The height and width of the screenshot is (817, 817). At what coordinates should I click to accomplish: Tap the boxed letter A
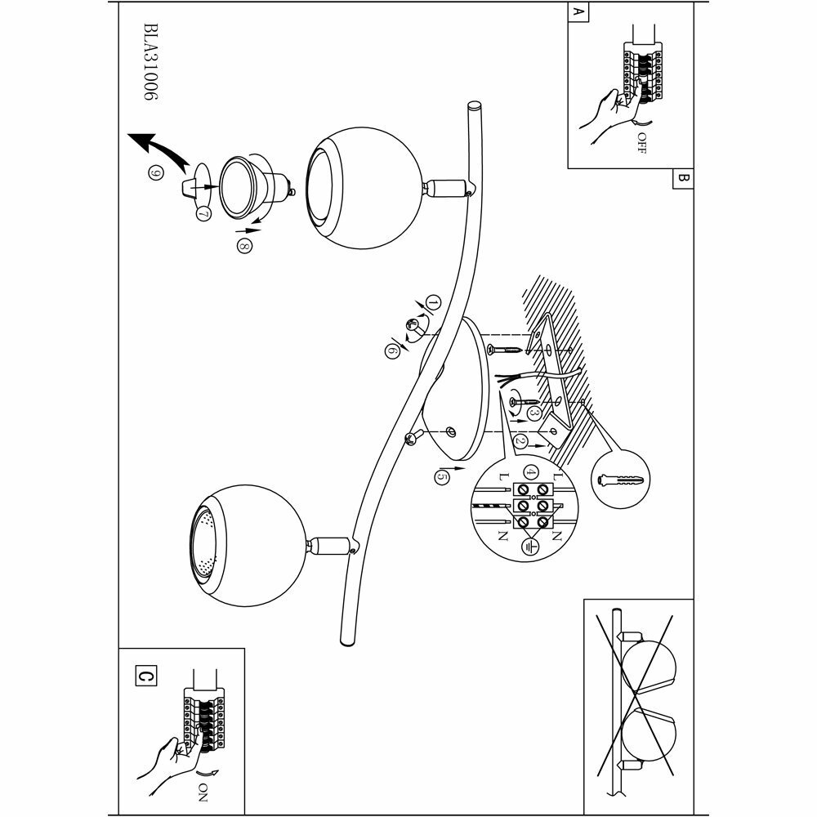pyautogui.click(x=578, y=13)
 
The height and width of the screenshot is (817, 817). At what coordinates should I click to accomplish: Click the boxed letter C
pyautogui.click(x=145, y=676)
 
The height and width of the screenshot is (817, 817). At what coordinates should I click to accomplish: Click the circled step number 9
pyautogui.click(x=151, y=172)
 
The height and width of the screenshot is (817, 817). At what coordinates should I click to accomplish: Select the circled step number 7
pyautogui.click(x=203, y=212)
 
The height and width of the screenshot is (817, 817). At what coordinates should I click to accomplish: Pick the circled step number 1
pyautogui.click(x=433, y=303)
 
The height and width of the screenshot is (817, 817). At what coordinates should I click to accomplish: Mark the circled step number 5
pyautogui.click(x=442, y=474)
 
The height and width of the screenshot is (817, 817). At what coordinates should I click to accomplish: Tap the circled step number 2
pyautogui.click(x=520, y=442)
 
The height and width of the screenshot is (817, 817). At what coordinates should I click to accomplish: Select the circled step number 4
pyautogui.click(x=531, y=472)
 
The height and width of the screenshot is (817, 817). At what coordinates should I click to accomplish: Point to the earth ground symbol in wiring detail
pyautogui.click(x=529, y=545)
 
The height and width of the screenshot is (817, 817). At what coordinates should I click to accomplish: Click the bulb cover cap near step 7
pyautogui.click(x=194, y=184)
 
